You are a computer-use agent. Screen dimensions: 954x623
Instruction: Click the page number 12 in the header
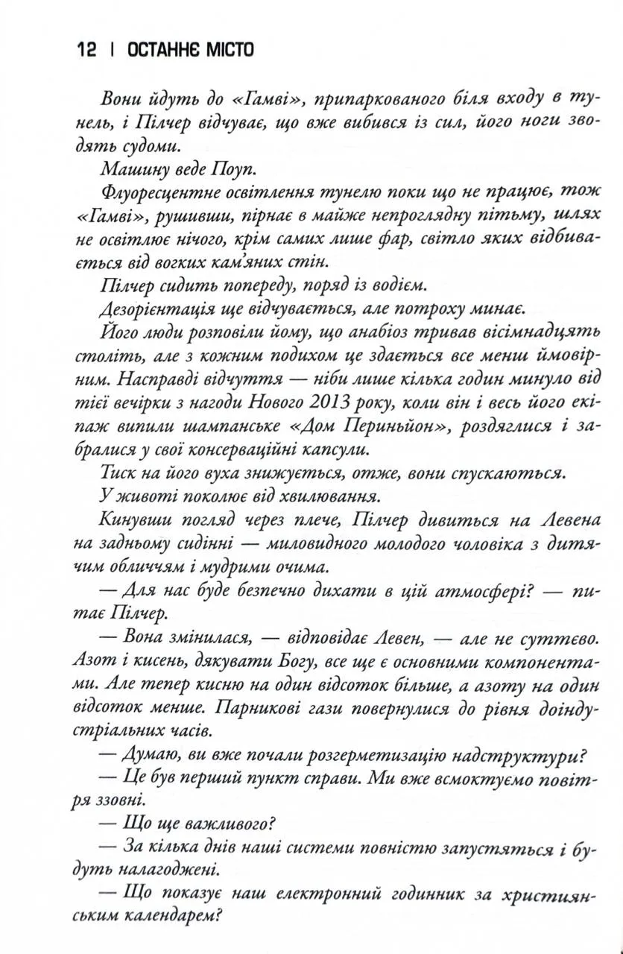(86, 50)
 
